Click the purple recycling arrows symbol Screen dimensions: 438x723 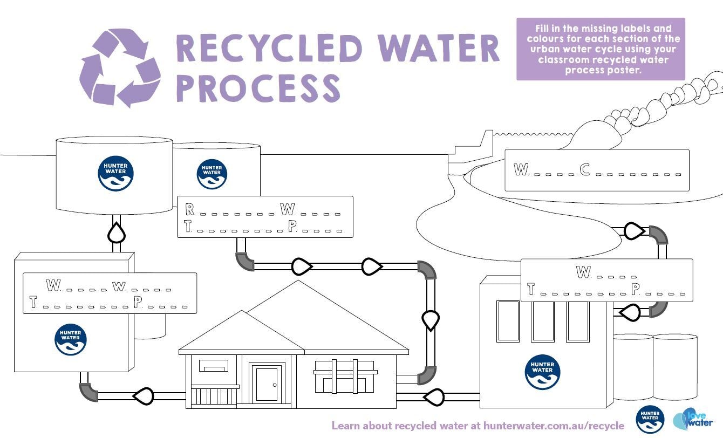click(120, 67)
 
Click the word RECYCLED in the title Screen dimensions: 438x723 click(269, 49)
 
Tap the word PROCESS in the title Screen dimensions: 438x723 click(258, 88)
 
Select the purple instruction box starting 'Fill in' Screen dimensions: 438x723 click(600, 49)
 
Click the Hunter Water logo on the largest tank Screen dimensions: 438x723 click(115, 174)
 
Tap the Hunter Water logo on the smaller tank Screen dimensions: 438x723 click(212, 174)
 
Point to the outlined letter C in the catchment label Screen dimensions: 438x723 click(585, 170)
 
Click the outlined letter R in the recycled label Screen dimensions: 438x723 click(189, 209)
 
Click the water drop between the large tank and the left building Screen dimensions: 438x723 click(117, 233)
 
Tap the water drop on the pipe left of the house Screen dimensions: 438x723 click(144, 396)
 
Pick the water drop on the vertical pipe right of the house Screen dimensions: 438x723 click(430, 320)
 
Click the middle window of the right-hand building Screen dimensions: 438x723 click(542, 321)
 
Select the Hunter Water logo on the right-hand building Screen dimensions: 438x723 click(542, 372)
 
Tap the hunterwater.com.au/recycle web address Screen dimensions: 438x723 click(554, 426)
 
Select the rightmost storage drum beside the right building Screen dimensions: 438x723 click(675, 367)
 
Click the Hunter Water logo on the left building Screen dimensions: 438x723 click(71, 339)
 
